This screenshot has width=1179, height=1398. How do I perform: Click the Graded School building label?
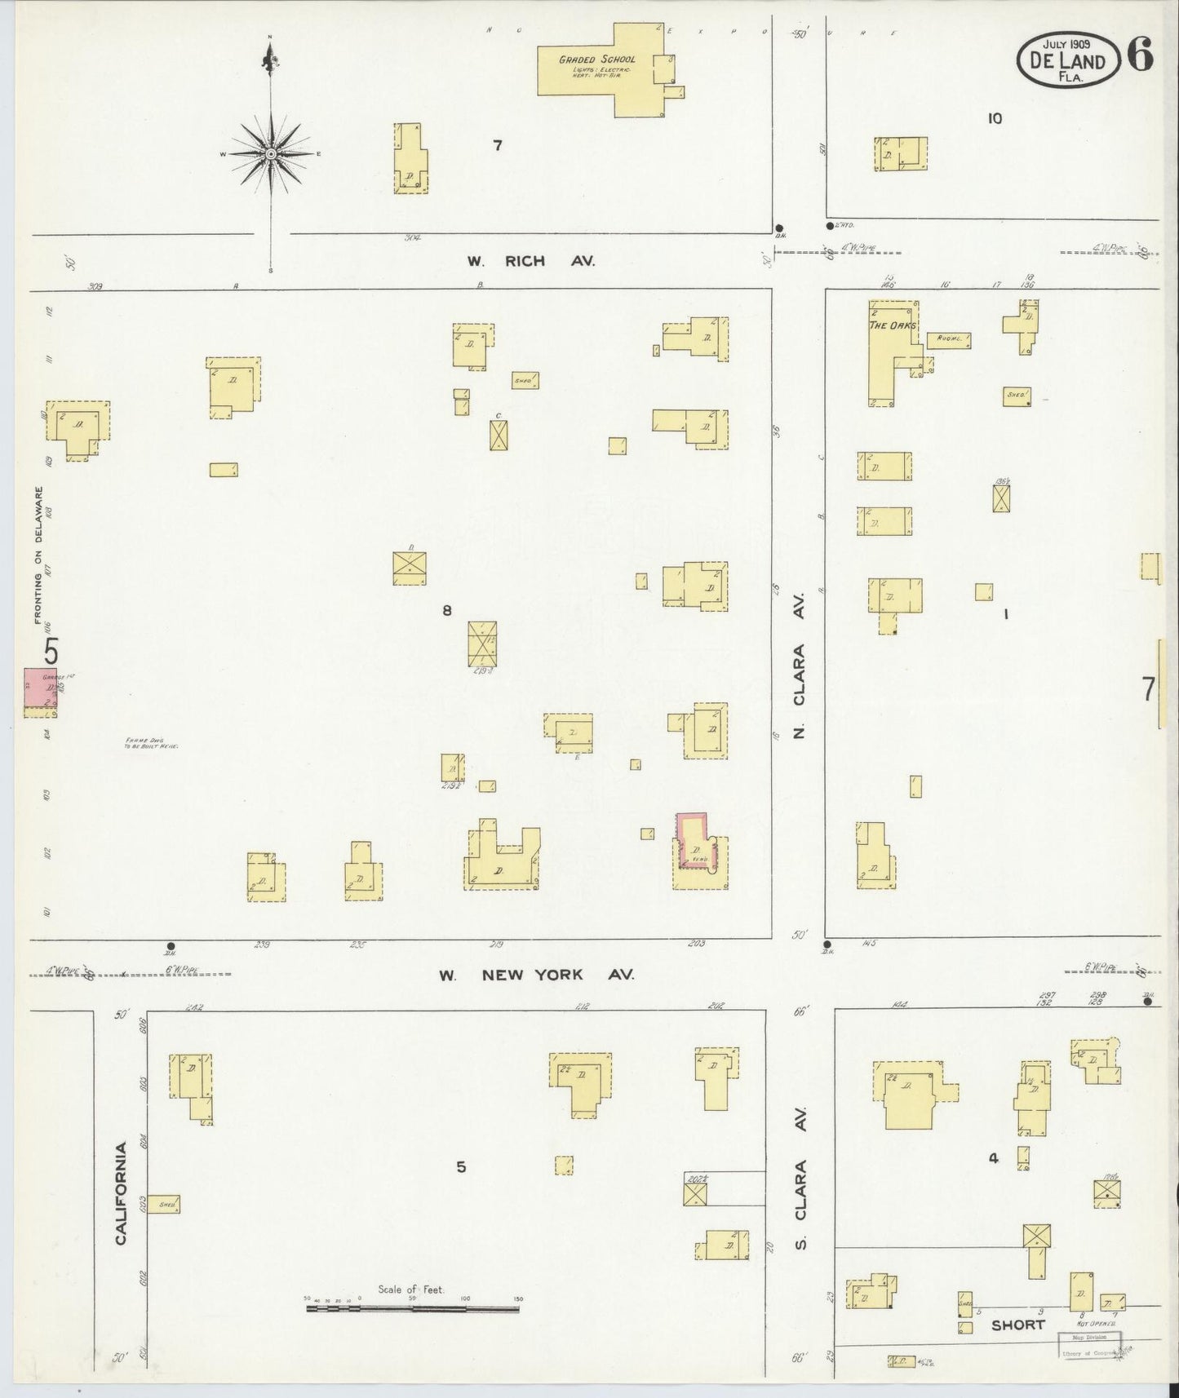tap(596, 60)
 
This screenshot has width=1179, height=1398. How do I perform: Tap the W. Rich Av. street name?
tap(530, 261)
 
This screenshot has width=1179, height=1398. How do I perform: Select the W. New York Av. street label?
tap(535, 975)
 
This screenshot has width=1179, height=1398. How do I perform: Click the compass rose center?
tap(270, 153)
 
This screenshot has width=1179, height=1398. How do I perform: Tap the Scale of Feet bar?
tap(412, 1308)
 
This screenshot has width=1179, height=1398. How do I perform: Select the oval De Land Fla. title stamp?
tap(1067, 61)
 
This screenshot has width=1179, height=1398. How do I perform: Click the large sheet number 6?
tap(1141, 55)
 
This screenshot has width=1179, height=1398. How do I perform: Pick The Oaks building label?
tap(893, 325)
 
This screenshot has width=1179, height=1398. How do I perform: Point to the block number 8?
tap(447, 609)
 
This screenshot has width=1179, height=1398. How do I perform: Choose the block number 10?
tap(994, 118)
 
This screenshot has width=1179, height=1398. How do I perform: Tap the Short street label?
tap(1017, 1325)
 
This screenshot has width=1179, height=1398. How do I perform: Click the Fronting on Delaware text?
tap(38, 555)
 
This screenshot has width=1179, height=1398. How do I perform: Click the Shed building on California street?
tap(164, 1204)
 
